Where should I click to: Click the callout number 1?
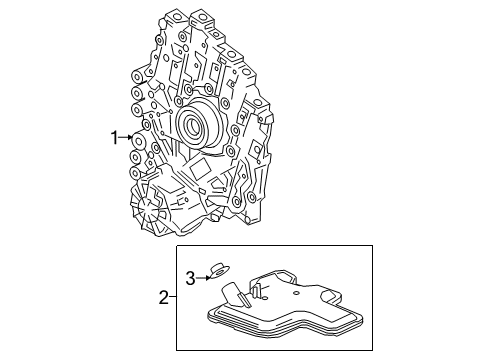(115, 137)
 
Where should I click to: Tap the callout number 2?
(163, 297)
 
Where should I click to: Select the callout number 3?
(189, 277)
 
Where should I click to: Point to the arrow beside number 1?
(128, 137)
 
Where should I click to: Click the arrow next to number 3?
(201, 276)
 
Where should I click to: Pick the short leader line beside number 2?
(173, 297)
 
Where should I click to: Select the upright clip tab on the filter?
(258, 290)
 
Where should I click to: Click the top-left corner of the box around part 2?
(177, 246)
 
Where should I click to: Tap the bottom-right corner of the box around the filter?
(372, 350)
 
